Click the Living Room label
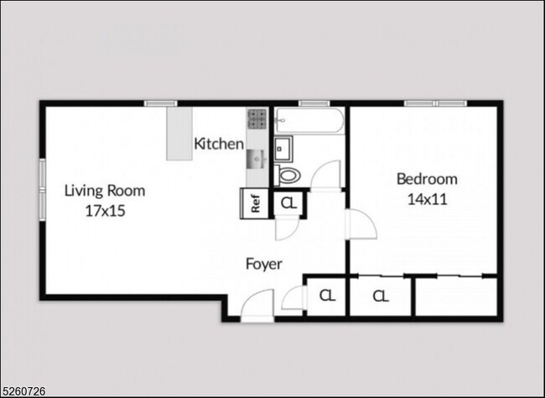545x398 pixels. pos(105,191)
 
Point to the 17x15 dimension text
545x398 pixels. pos(105,211)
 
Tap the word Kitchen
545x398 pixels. pos(219,144)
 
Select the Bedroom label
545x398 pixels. pos(427,179)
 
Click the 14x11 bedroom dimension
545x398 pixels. pos(427,199)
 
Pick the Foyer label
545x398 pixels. pos(263,264)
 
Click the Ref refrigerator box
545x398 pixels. pos(255,202)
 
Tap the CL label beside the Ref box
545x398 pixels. pos(288,203)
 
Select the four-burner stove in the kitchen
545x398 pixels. pos(257,118)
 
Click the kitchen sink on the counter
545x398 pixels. pos(257,156)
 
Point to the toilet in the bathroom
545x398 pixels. pos(288,175)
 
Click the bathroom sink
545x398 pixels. pos(283,149)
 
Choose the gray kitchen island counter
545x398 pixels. pos(179,133)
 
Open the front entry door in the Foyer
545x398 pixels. pos(257,306)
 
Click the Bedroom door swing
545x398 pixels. pos(361,224)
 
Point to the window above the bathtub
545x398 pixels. pos(314,103)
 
